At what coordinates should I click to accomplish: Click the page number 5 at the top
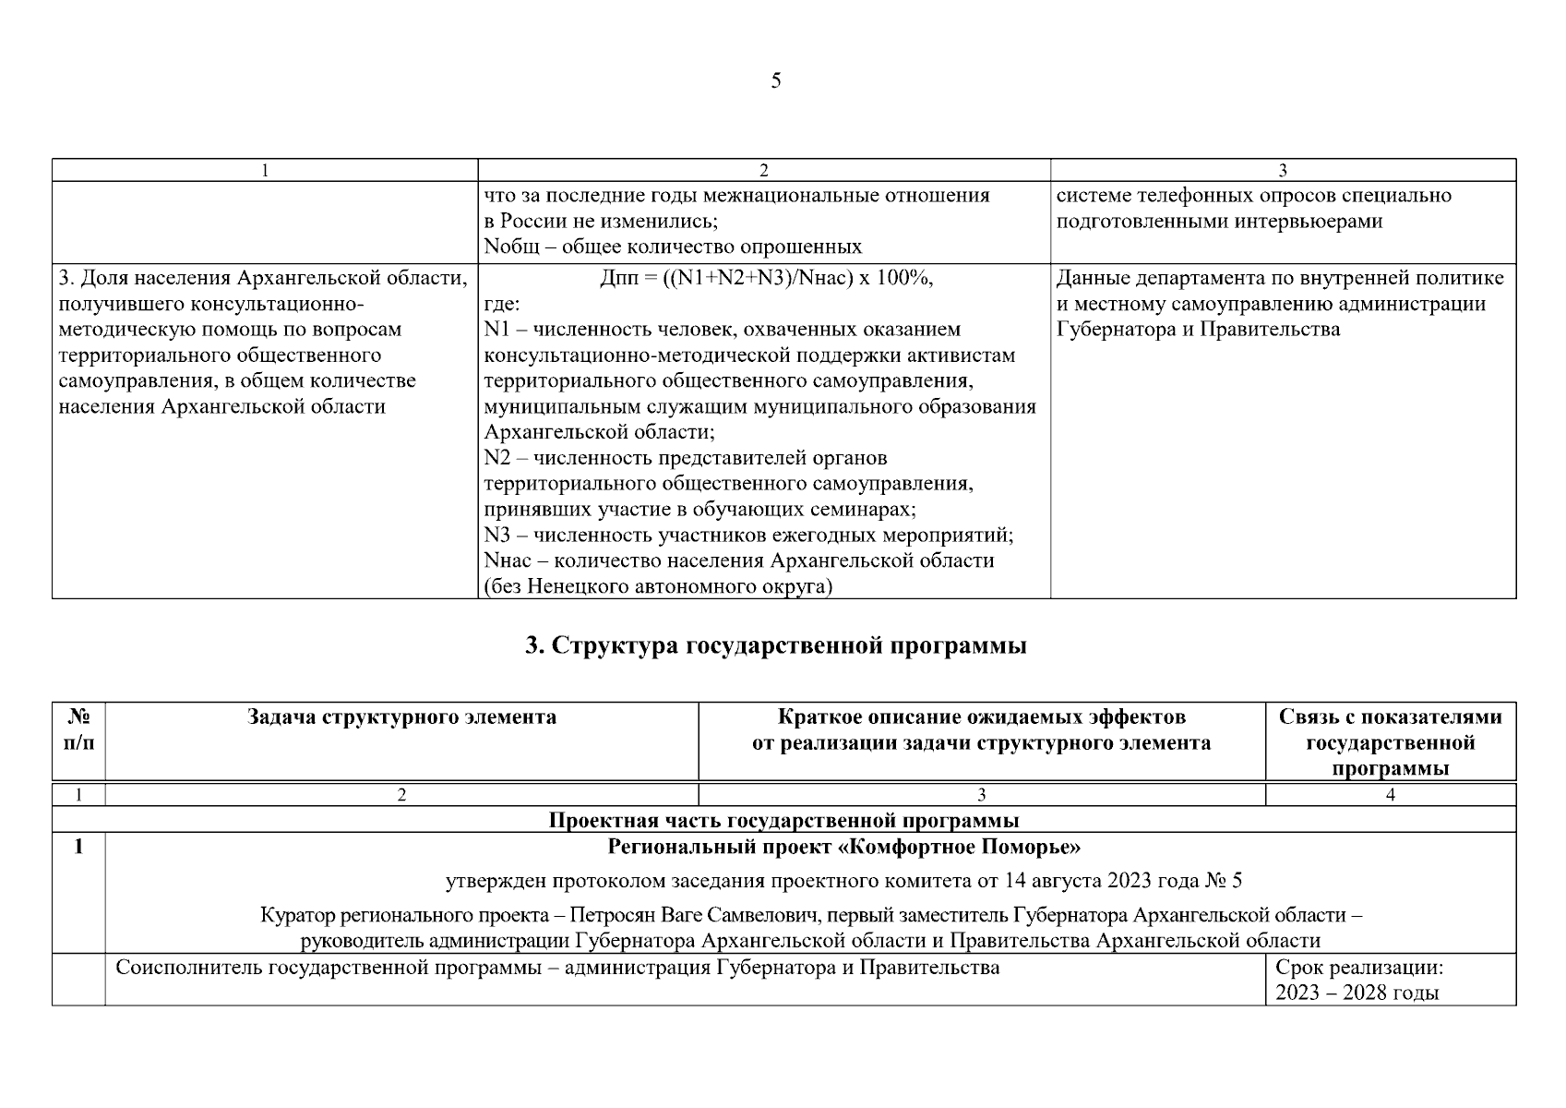[775, 81]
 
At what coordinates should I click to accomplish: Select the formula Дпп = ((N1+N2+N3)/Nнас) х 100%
[765, 278]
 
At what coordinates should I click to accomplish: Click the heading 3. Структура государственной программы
[775, 645]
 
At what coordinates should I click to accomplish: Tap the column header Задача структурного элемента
[401, 717]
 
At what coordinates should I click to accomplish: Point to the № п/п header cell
[78, 729]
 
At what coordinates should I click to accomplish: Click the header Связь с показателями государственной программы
[1390, 742]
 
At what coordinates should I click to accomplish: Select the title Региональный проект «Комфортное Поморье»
[843, 847]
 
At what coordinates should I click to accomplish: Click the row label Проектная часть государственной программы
[783, 820]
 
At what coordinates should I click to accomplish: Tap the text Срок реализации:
[1358, 968]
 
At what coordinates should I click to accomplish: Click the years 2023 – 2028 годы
[1357, 994]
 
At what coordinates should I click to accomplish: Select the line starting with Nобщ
[673, 247]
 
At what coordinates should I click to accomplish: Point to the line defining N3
[748, 536]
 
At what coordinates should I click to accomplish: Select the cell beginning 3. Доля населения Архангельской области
[263, 278]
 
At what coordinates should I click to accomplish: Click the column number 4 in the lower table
[1390, 794]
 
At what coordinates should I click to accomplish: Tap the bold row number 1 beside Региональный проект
[78, 847]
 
